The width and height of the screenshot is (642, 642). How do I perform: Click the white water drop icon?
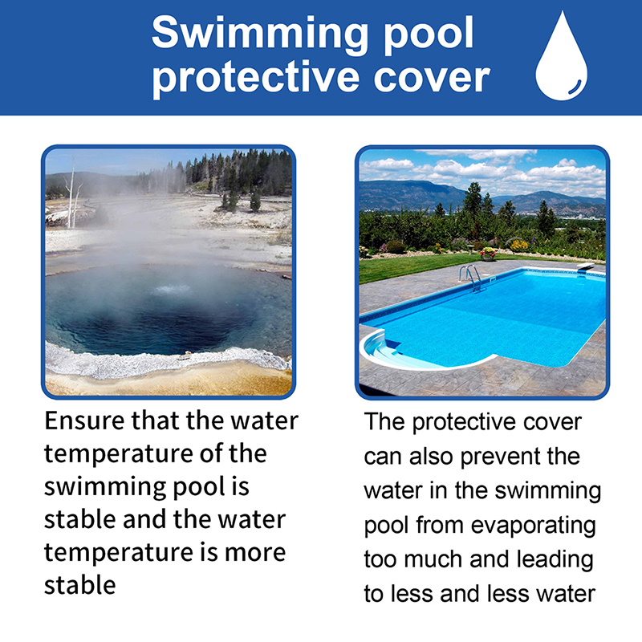coord(561,57)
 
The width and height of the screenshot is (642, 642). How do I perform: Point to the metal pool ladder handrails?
coord(471,278)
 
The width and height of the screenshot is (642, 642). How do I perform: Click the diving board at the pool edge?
coord(586,267)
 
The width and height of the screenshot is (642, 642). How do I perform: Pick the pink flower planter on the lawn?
coord(488,254)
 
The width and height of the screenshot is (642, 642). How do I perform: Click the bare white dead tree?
coord(72,194)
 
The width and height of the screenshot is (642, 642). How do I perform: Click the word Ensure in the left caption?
coord(84,421)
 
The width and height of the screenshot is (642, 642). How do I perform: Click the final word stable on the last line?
coord(79,585)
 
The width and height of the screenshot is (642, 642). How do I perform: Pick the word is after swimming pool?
coord(241,487)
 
